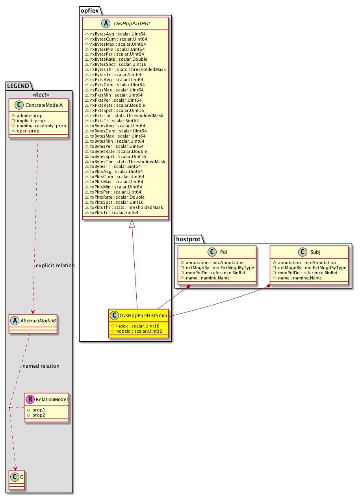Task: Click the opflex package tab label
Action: tap(89, 10)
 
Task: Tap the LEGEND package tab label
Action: tap(18, 86)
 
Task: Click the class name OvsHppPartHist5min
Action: tap(143, 315)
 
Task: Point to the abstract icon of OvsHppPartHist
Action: tap(106, 23)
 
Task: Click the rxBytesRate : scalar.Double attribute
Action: tap(119, 59)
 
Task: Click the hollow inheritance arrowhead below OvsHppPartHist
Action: tap(132, 223)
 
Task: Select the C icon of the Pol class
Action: tap(212, 252)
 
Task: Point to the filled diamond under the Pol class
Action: tap(188, 287)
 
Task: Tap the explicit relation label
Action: tap(55, 265)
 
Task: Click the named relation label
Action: tap(41, 366)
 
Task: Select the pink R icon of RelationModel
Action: tap(30, 399)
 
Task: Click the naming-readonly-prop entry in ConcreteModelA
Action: tap(41, 126)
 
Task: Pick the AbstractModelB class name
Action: tap(38, 320)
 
